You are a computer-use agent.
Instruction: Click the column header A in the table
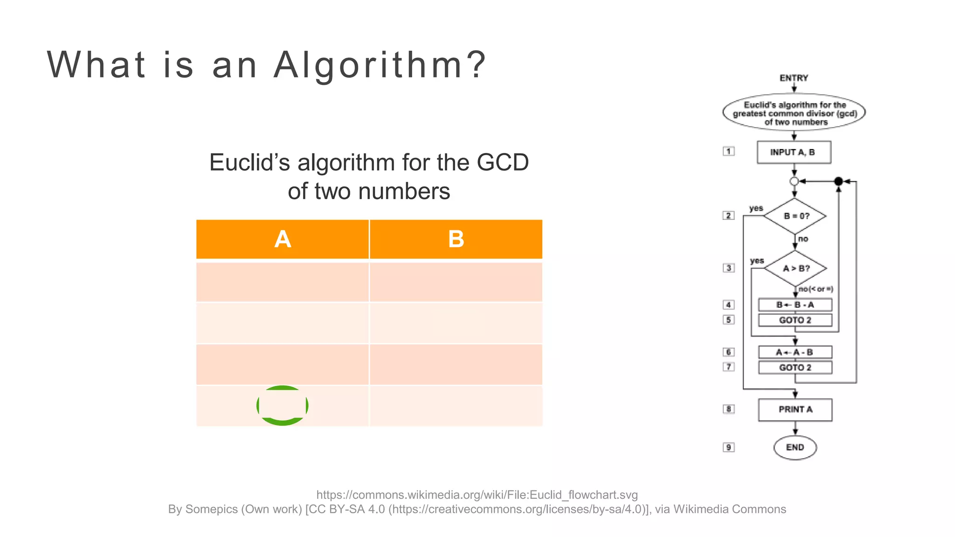coord(283,239)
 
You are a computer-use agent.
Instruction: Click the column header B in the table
coord(456,239)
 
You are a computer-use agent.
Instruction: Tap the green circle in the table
coord(282,405)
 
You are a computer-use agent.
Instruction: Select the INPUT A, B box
coord(794,152)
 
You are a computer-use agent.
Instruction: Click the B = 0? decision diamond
coord(795,216)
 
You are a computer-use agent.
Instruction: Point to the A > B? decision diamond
coord(796,268)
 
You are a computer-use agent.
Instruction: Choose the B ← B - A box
coord(795,305)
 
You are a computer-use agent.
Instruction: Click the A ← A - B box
coord(795,352)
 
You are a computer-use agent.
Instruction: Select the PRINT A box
coord(795,410)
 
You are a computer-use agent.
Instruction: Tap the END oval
coord(795,447)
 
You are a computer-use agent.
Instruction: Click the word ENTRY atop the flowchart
coord(794,78)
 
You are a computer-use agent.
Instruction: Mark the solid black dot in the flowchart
coord(838,181)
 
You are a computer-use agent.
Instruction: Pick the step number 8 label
coord(728,409)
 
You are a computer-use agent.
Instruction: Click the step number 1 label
coord(728,151)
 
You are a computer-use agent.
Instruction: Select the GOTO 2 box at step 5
coord(795,320)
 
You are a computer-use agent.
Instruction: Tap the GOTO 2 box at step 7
coord(795,368)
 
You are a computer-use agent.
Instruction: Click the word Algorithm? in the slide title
coord(380,65)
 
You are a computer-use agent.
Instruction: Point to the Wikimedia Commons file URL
coord(477,495)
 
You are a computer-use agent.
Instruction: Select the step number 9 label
coord(728,447)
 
